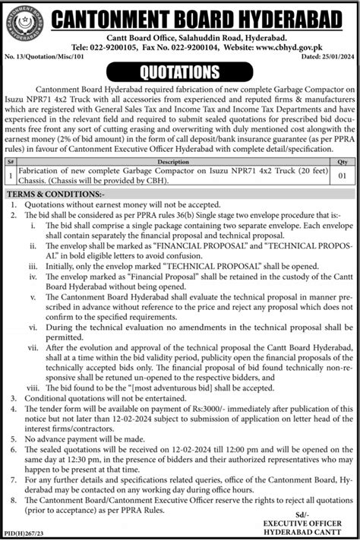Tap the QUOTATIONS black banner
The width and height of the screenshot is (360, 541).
180,72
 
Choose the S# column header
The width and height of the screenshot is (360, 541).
9,183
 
